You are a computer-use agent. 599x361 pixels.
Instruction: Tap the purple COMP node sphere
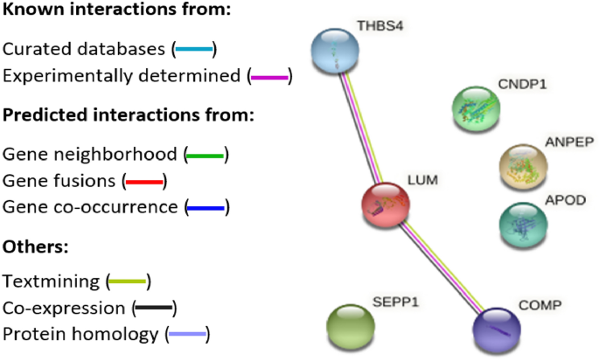tap(493, 328)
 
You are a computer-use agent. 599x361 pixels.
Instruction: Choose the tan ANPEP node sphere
tap(522, 165)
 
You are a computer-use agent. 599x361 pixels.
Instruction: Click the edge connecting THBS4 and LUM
tap(361, 128)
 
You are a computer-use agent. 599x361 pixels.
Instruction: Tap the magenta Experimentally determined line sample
tap(269, 76)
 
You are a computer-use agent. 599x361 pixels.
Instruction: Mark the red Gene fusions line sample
tap(143, 182)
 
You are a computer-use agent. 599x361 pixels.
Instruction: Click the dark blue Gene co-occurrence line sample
tap(206, 208)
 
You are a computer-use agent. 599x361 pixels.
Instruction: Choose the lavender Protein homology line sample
tap(188, 335)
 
